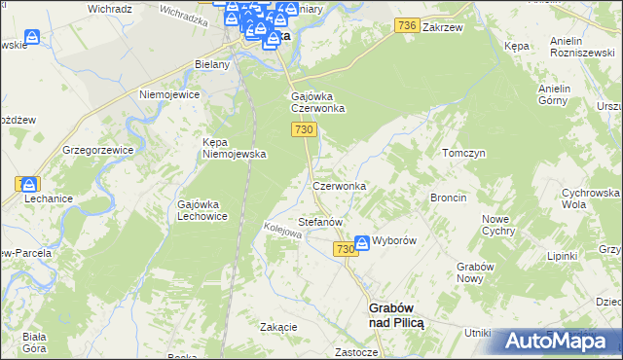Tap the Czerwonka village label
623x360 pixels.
point(339,185)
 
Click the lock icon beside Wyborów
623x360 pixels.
point(362,241)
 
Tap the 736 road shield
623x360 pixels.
point(408,29)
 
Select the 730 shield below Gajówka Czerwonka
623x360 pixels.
point(302,130)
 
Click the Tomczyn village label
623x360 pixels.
point(463,154)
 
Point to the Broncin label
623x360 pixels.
point(449,198)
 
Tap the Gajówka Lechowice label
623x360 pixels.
point(202,210)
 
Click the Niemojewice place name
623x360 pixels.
point(169,95)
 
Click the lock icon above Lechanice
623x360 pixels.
point(30,184)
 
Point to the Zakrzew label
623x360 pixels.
point(440,29)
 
